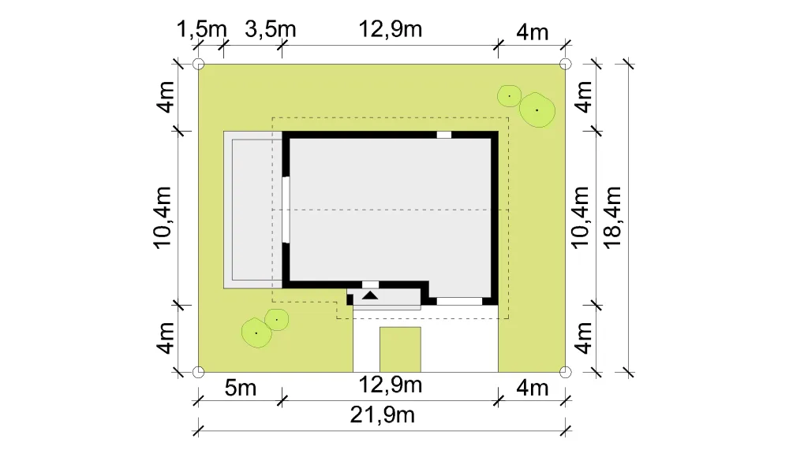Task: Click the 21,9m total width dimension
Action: [x=383, y=415]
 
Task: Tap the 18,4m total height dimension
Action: [x=613, y=217]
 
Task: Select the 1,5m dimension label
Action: [x=202, y=29]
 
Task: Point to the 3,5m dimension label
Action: [x=270, y=29]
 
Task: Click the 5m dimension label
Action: [x=241, y=388]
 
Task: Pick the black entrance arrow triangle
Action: [x=370, y=295]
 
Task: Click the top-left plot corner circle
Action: [x=199, y=65]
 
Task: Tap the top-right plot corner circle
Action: [x=566, y=65]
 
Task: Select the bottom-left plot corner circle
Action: [x=199, y=372]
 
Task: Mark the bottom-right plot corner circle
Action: [x=566, y=372]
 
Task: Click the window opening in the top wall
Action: [x=443, y=135]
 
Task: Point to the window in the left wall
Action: [x=286, y=210]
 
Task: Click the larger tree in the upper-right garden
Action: [x=537, y=110]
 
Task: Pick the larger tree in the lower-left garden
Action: [x=256, y=333]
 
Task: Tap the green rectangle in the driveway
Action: [x=400, y=349]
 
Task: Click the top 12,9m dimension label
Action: [x=390, y=29]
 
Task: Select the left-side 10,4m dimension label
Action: [x=163, y=217]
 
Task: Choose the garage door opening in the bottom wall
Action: [x=459, y=301]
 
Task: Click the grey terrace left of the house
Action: [x=253, y=210]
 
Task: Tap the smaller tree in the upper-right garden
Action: [x=509, y=95]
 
